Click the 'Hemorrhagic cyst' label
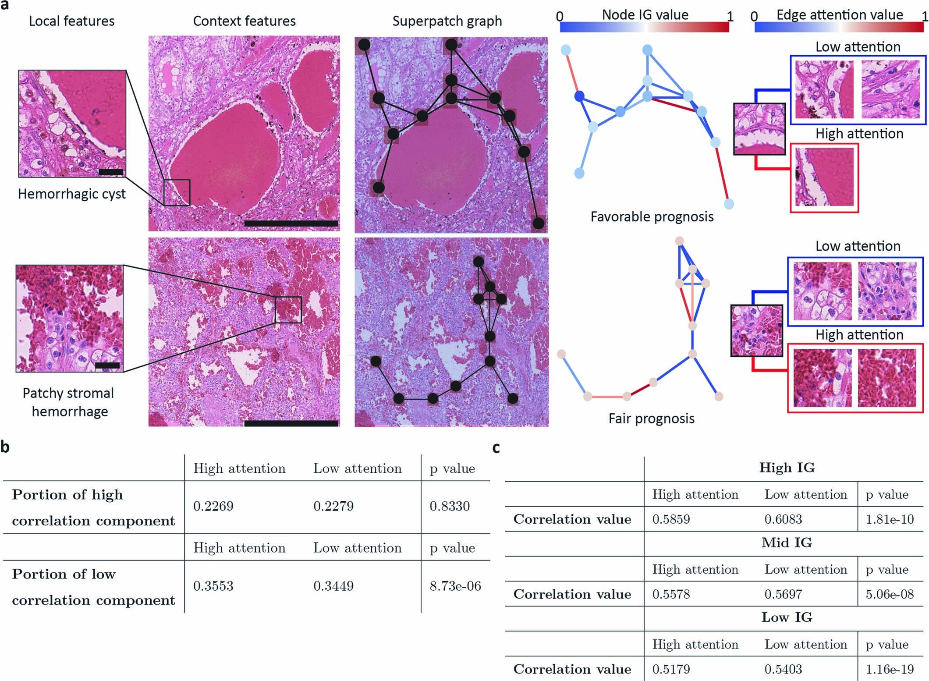pos(71,194)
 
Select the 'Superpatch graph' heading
pos(447,21)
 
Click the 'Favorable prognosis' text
pos(652,216)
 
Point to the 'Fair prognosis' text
pos(651,419)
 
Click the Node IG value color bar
pos(644,27)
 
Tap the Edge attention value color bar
pos(839,27)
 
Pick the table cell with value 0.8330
pos(449,506)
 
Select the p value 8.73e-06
pos(455,586)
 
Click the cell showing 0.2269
pos(213,506)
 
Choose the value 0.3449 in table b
pos(333,586)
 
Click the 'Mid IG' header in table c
pos(787,543)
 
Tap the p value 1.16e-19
pos(890,669)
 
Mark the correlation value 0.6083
pos(783,519)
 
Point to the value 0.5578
pos(671,594)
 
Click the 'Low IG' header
pos(787,617)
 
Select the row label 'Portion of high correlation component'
pos(93,507)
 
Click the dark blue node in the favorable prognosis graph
pos(580,96)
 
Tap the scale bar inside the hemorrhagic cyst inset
pos(111,172)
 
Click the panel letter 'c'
pos(496,447)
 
